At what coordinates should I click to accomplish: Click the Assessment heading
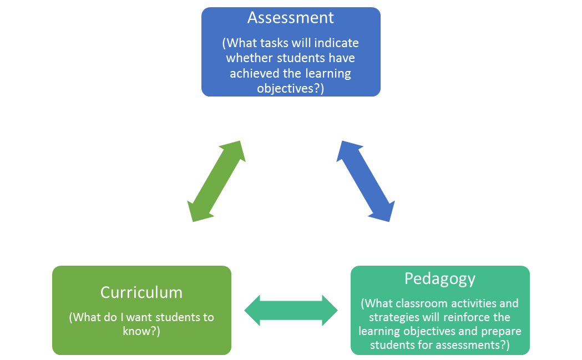pyautogui.click(x=291, y=18)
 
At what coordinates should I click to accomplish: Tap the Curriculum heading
pyautogui.click(x=141, y=292)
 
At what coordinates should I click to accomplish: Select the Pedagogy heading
pyautogui.click(x=440, y=278)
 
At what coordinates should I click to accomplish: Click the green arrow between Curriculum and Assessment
pyautogui.click(x=216, y=181)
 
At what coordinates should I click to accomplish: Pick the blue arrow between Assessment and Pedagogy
pyautogui.click(x=366, y=181)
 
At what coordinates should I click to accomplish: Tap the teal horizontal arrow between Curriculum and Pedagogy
pyautogui.click(x=291, y=310)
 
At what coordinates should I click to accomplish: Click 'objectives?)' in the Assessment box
pyautogui.click(x=291, y=88)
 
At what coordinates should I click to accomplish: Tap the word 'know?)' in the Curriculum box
pyautogui.click(x=141, y=331)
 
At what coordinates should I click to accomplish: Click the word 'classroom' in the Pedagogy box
pyautogui.click(x=424, y=303)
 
